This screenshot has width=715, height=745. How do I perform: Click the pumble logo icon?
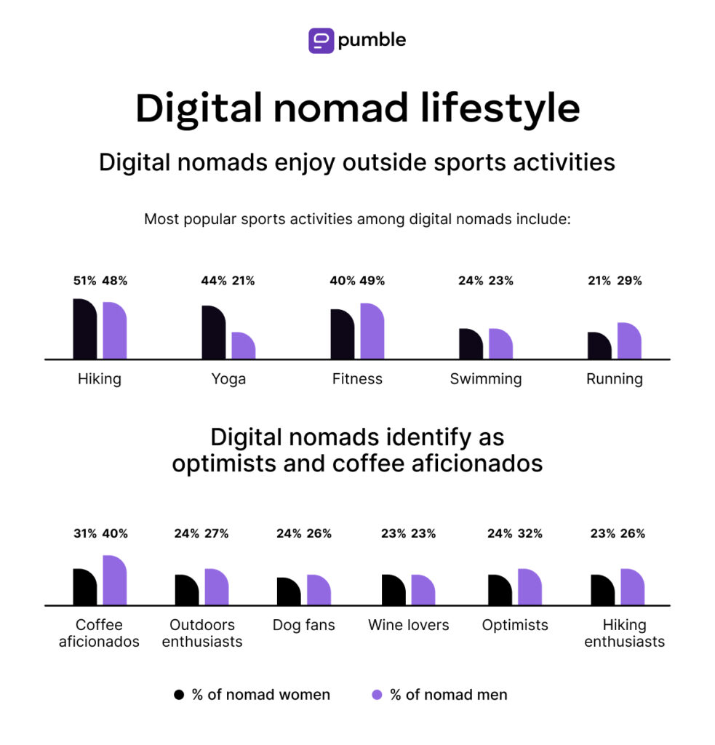(321, 40)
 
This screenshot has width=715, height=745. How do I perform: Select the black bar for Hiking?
(84, 330)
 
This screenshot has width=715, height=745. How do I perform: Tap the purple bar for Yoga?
(244, 346)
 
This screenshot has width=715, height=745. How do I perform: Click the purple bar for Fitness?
(372, 332)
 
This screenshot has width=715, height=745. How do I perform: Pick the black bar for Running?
(599, 346)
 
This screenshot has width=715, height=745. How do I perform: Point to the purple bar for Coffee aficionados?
(115, 581)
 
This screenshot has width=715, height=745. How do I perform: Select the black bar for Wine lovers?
(394, 590)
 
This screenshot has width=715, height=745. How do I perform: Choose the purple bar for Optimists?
(530, 587)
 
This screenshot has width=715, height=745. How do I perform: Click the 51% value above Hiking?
(85, 281)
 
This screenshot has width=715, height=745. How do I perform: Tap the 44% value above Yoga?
(213, 281)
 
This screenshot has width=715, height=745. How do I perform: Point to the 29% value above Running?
(630, 281)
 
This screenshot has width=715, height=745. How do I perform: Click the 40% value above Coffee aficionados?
(115, 533)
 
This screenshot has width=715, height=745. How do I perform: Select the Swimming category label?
(485, 379)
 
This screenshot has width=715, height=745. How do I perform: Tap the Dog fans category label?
(303, 625)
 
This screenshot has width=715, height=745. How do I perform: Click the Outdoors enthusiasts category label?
(202, 633)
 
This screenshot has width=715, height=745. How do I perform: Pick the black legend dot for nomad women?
(179, 695)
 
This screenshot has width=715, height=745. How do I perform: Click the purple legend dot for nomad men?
(377, 695)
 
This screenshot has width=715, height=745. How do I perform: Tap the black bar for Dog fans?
(289, 591)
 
